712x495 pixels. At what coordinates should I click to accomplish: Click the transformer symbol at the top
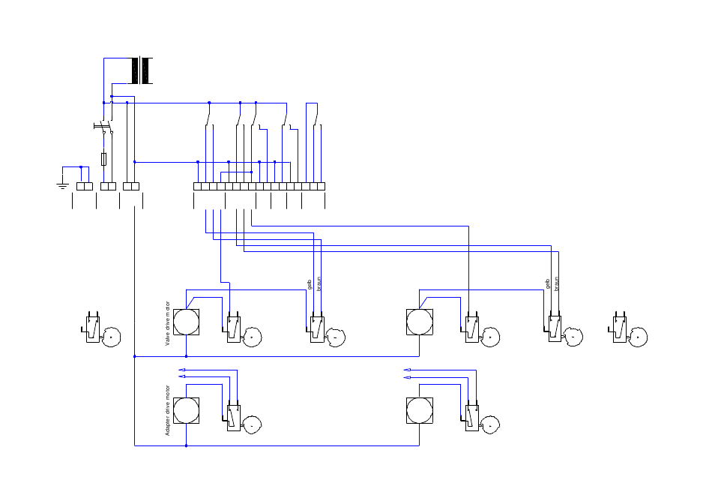click(140, 70)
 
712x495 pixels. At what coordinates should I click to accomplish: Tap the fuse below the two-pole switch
click(104, 159)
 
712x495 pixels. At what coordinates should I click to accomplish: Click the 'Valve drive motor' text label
click(168, 323)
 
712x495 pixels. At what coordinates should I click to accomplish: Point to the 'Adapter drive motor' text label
click(168, 410)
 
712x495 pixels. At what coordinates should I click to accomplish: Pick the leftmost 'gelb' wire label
click(310, 284)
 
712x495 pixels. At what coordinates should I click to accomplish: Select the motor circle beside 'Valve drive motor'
click(186, 322)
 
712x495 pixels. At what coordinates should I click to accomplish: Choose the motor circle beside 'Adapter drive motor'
click(186, 410)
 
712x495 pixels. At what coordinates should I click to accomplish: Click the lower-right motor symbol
click(420, 410)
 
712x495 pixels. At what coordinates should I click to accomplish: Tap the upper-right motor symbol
click(420, 322)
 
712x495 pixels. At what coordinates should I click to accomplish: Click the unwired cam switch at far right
click(627, 329)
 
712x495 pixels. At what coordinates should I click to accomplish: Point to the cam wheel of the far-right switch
click(638, 337)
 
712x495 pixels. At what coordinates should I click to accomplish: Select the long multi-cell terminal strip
click(259, 186)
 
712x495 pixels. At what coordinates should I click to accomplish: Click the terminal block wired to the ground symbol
click(85, 186)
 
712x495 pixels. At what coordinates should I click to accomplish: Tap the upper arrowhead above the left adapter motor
click(181, 370)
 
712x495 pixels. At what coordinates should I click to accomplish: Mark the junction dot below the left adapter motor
click(186, 446)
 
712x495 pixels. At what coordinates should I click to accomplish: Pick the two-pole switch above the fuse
click(104, 126)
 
